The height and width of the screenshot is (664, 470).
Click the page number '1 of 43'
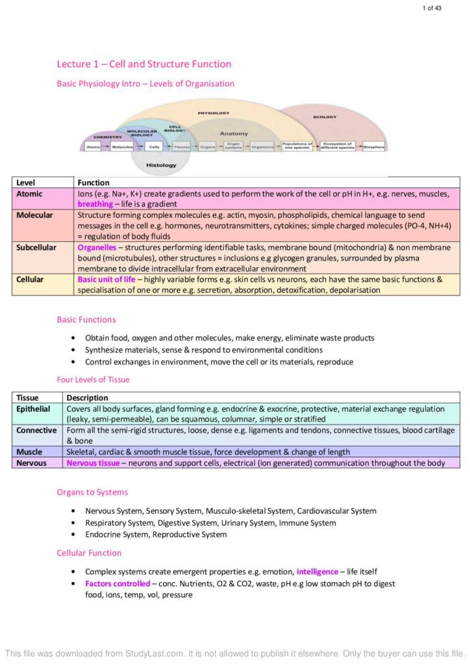(432, 8)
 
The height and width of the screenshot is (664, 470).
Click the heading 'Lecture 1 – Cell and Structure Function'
(143, 64)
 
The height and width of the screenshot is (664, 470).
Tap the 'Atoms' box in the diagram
(93, 147)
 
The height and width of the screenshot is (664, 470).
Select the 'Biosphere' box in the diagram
(374, 147)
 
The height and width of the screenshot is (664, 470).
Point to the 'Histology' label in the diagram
(161, 165)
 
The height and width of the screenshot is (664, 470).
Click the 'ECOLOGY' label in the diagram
(325, 117)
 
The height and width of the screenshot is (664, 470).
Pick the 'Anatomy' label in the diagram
(233, 134)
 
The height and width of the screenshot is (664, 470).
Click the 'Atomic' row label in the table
(29, 194)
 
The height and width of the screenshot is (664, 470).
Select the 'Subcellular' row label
(36, 248)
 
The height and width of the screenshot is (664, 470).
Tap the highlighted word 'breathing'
(95, 204)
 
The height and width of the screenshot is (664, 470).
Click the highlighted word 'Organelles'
(97, 248)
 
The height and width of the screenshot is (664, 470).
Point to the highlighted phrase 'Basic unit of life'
(107, 279)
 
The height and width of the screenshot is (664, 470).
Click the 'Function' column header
(93, 183)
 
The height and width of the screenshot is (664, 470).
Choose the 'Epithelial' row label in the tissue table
(33, 409)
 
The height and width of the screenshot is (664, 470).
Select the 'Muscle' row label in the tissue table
(29, 452)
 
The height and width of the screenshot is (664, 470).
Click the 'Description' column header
(87, 397)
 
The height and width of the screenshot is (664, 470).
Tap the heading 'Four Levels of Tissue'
(93, 380)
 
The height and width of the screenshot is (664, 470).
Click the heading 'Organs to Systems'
(92, 492)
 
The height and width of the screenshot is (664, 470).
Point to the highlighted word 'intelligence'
(317, 572)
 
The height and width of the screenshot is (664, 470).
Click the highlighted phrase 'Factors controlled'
(117, 584)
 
